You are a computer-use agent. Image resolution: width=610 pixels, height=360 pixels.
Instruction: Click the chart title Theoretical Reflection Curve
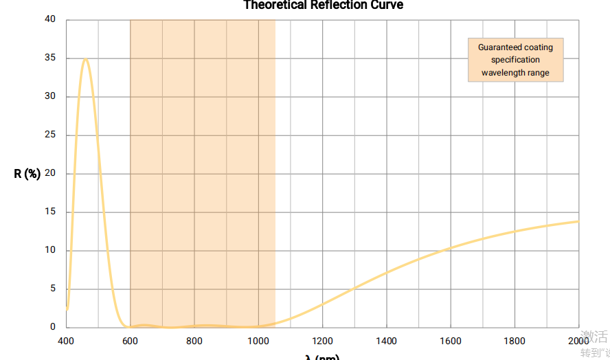[323, 5]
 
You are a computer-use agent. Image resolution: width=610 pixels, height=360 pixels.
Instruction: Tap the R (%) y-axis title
[27, 174]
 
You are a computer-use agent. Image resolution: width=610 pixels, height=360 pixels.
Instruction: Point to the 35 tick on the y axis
[50, 58]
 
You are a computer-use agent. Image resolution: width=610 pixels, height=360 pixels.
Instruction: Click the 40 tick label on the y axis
[50, 19]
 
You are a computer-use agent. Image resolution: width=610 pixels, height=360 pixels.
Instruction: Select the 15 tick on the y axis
[50, 212]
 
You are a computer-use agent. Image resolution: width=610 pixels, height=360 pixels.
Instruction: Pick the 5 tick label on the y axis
[53, 289]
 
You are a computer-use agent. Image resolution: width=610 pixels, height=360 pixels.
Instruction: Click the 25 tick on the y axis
[50, 135]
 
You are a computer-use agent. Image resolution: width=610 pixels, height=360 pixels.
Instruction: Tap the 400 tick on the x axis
[66, 341]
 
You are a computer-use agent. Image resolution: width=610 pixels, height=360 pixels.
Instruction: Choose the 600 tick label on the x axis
[130, 341]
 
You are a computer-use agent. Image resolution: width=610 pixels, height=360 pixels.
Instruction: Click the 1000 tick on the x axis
[258, 341]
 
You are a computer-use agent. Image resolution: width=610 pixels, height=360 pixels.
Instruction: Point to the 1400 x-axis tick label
[387, 341]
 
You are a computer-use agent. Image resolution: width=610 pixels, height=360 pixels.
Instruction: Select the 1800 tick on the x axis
[515, 341]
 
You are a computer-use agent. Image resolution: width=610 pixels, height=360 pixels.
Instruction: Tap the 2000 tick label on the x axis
[578, 341]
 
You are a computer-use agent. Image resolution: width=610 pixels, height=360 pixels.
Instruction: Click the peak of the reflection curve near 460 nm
[85, 59]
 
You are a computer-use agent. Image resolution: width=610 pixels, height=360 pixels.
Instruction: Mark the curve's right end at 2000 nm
[578, 221]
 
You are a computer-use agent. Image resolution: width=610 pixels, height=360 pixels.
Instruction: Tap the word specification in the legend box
[515, 60]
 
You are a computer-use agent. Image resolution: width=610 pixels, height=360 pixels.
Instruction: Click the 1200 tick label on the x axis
[322, 341]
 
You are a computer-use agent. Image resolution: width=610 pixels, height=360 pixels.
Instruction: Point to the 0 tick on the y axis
[53, 327]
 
